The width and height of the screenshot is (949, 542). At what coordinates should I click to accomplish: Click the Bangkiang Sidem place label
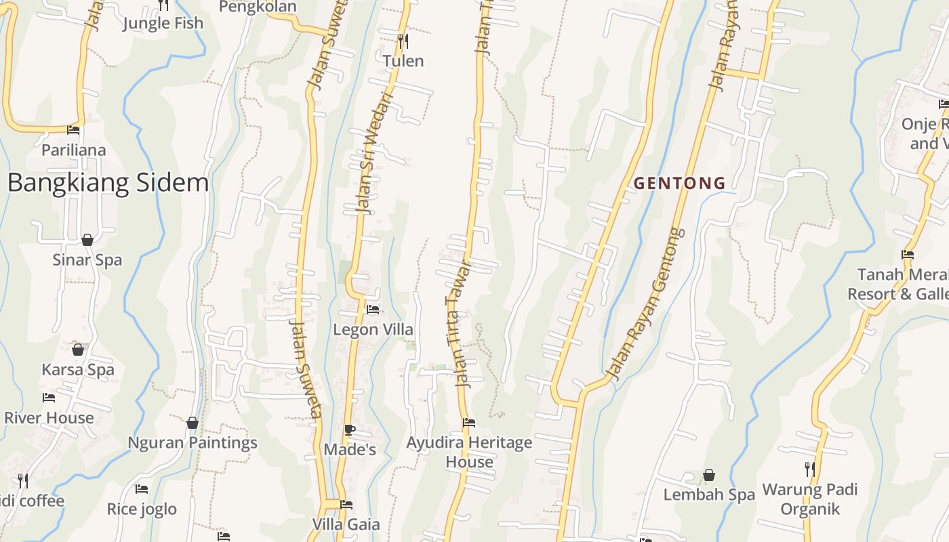point(108,183)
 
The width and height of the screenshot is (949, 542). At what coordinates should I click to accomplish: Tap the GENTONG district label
point(679,183)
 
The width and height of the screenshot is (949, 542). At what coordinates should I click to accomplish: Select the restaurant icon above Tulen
point(403,41)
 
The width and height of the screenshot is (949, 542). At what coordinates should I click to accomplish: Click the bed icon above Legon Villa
point(373,310)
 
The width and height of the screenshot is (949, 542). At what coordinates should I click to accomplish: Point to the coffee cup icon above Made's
point(349,430)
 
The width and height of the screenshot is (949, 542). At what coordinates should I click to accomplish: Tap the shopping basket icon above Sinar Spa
point(87,240)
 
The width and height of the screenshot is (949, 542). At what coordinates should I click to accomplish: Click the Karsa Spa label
point(78,370)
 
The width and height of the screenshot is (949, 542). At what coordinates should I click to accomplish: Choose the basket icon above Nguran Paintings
point(193,423)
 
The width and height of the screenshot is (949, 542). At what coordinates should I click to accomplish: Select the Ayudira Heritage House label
point(469,452)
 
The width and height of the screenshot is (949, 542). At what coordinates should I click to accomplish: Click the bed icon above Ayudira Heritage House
point(469,423)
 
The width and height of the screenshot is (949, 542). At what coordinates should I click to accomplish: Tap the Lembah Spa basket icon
point(709,475)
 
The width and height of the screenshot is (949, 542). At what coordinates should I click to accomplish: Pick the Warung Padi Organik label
point(810,499)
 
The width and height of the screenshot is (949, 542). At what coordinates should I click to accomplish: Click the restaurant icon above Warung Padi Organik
point(809,469)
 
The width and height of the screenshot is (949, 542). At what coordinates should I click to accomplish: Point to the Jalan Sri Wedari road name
point(373,153)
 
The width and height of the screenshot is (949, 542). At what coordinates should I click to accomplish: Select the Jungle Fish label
point(163,23)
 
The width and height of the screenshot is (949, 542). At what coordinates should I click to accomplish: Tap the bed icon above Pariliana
point(73,130)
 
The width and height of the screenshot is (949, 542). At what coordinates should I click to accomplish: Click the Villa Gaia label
point(346,524)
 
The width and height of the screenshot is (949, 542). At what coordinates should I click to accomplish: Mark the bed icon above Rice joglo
point(142,489)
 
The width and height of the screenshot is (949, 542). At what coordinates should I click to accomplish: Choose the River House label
point(49,418)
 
